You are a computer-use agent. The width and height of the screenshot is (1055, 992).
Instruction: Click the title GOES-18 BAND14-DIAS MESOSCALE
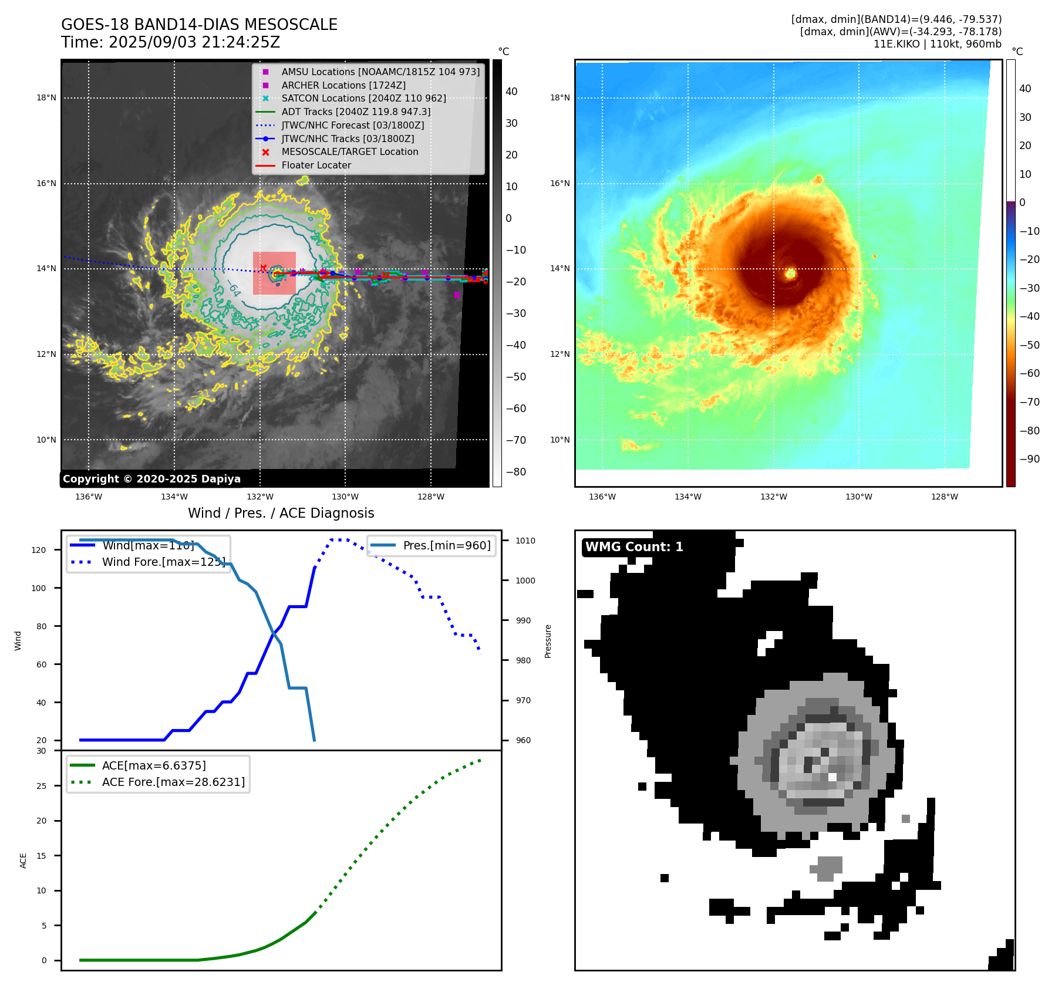pyautogui.click(x=199, y=25)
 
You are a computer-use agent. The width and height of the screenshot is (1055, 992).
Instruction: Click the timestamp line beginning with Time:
pyautogui.click(x=170, y=42)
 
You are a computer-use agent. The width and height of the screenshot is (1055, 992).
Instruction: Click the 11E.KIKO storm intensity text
pyautogui.click(x=937, y=44)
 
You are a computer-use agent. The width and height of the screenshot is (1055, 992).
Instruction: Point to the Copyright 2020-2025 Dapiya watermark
pyautogui.click(x=151, y=479)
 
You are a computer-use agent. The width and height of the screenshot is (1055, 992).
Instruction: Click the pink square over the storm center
pyautogui.click(x=274, y=273)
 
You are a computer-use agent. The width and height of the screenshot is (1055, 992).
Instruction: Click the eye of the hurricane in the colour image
pyautogui.click(x=790, y=273)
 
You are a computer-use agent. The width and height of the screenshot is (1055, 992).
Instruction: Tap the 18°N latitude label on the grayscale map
pyautogui.click(x=46, y=98)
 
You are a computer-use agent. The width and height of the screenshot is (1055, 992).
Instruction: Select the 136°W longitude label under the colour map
pyautogui.click(x=602, y=497)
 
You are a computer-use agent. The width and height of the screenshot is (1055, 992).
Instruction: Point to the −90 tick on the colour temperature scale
pyautogui.click(x=1029, y=459)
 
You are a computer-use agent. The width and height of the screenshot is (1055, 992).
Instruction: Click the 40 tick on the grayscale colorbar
pyautogui.click(x=511, y=92)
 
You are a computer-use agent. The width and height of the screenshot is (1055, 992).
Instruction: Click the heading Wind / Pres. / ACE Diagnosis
pyautogui.click(x=281, y=513)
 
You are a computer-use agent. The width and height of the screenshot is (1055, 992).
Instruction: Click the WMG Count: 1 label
pyautogui.click(x=634, y=547)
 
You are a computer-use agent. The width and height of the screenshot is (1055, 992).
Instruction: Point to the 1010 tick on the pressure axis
pyautogui.click(x=525, y=541)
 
